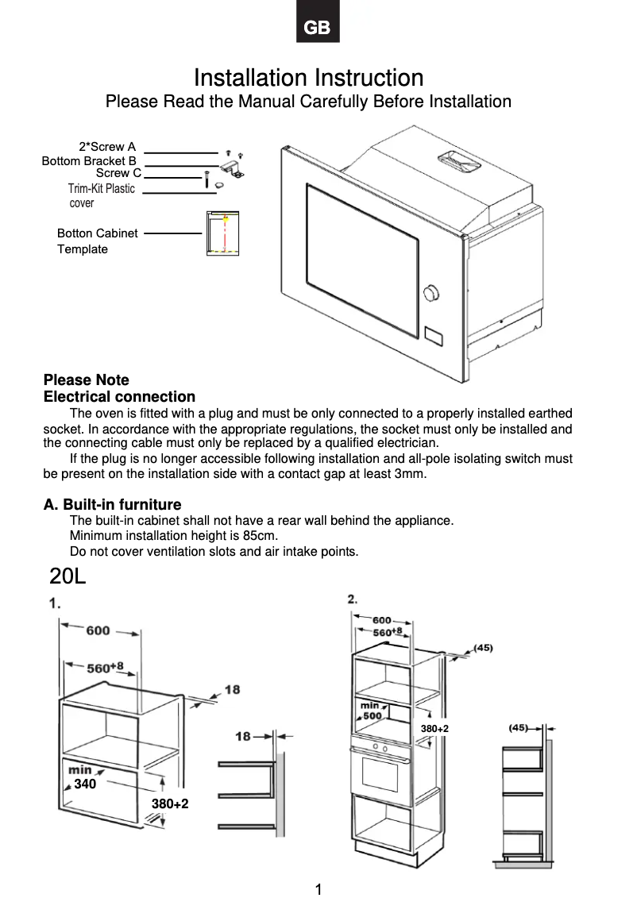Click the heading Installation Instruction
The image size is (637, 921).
[x=308, y=78]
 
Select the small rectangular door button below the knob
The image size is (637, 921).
[x=434, y=335]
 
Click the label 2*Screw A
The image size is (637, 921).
[x=107, y=147]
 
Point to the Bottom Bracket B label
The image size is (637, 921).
[x=89, y=160]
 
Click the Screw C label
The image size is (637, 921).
[x=118, y=173]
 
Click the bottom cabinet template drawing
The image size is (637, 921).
[x=222, y=233]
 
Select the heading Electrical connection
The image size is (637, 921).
[x=119, y=396]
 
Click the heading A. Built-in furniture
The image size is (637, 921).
[x=112, y=505]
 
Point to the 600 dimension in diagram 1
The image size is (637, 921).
[x=98, y=630]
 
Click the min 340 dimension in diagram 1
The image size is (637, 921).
[x=82, y=777]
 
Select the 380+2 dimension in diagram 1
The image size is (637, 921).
[x=170, y=804]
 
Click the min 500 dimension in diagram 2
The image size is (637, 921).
[x=371, y=711]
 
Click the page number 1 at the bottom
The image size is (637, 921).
[x=318, y=890]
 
